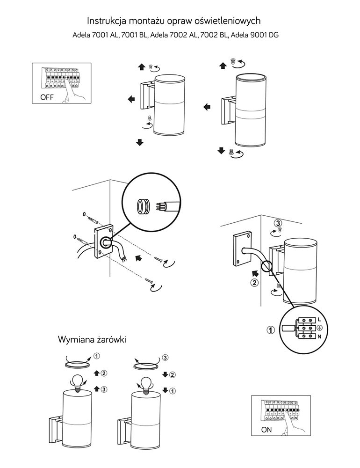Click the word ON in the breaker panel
[266, 429]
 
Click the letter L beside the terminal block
[319, 319]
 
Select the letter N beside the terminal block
[319, 337]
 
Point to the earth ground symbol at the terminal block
[319, 328]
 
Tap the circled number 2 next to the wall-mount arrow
[254, 282]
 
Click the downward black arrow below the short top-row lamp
[139, 142]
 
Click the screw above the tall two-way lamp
[232, 61]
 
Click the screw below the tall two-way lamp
[231, 152]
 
